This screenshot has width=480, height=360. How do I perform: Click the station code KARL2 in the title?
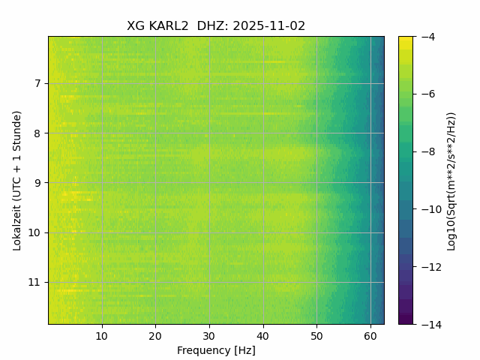coord(169,26)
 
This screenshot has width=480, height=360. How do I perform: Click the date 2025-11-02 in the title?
coord(269,26)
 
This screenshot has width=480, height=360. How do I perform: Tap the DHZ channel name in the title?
coord(212,26)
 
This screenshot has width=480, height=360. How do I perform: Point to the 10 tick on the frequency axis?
coord(102,335)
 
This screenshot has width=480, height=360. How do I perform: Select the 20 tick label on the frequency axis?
coord(155,335)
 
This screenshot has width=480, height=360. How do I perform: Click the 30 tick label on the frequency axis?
coord(209,335)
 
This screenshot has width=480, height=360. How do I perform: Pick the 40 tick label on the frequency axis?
coord(262,335)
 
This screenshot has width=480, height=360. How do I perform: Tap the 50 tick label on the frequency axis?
coord(316,335)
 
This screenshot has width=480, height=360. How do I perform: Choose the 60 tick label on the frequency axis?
coord(370,335)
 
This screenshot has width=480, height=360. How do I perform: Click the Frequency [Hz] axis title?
coord(216,350)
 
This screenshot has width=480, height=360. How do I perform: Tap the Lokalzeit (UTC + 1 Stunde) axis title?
coord(17,180)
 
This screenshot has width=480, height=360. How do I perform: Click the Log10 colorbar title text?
coord(451,180)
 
